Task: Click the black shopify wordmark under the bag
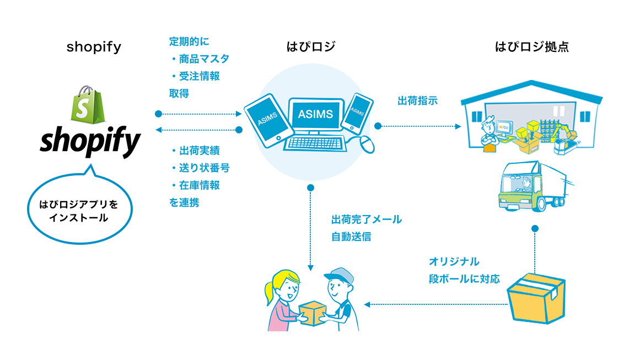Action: coord(90,143)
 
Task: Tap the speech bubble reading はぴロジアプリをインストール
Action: coord(74,211)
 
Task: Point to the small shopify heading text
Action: coord(94,47)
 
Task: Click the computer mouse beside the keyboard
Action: coord(367,144)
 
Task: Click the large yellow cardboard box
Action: coord(535,298)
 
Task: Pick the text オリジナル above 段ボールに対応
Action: coord(454,261)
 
